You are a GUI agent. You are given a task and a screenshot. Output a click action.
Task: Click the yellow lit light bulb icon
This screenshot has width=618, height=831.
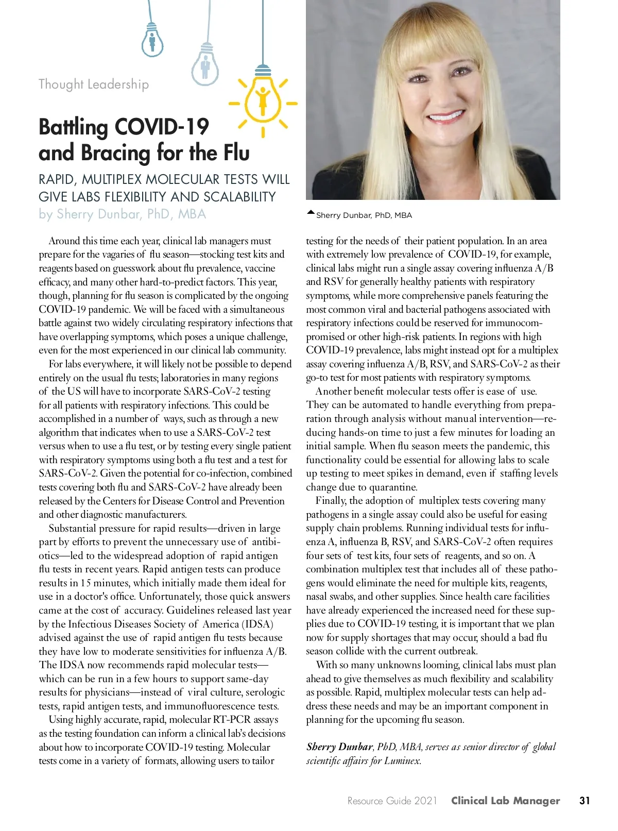263,98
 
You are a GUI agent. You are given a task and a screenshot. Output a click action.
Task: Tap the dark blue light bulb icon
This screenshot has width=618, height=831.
152,41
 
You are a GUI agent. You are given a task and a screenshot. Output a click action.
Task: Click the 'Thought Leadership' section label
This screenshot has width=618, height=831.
94,84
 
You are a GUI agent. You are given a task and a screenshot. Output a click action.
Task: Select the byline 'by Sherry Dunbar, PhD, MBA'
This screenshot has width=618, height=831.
122,214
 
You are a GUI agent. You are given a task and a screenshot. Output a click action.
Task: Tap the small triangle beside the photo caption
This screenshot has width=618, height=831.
310,212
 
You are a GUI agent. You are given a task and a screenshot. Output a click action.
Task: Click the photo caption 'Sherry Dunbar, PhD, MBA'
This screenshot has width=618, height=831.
364,215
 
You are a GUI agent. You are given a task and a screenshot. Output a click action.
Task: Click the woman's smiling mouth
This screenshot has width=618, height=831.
446,117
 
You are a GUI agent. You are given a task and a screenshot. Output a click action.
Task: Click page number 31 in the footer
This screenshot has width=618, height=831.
585,801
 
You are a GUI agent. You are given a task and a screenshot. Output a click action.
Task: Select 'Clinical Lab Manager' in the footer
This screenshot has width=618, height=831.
505,801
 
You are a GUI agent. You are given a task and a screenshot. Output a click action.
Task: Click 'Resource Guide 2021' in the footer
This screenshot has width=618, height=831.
392,801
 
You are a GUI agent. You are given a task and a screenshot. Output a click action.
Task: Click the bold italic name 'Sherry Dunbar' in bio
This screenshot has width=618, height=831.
339,747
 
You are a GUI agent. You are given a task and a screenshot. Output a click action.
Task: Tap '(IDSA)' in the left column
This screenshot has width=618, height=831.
258,624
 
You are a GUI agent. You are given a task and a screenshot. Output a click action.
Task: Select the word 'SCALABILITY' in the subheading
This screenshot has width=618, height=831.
239,197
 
